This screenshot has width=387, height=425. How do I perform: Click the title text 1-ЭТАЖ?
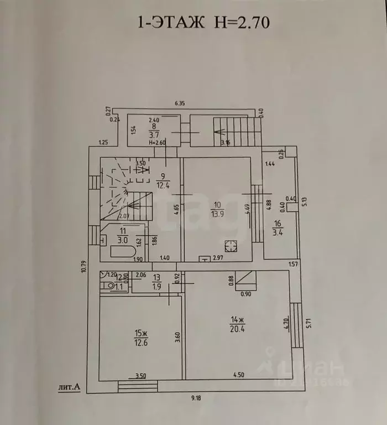click(x=166, y=23)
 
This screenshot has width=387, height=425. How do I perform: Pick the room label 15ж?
click(x=140, y=333)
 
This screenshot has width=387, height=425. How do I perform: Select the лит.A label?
click(x=69, y=388)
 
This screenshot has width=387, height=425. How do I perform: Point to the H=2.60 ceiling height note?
click(x=158, y=142)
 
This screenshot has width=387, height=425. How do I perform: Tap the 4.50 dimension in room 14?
click(x=237, y=376)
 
